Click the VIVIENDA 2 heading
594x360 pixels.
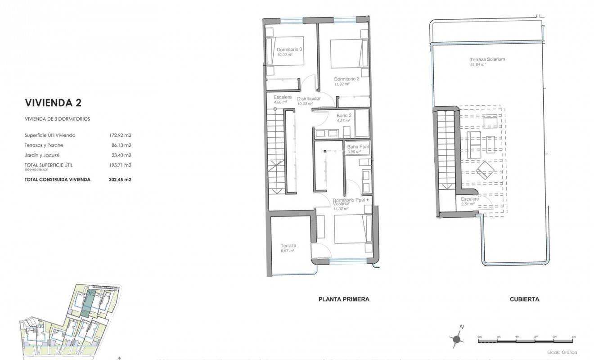click(53, 103)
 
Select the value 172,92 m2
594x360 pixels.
click(117, 135)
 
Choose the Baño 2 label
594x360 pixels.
click(344, 116)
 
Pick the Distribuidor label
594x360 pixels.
click(309, 98)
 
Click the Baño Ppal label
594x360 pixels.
click(357, 147)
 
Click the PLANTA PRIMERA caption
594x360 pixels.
click(343, 299)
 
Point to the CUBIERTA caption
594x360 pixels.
click(524, 299)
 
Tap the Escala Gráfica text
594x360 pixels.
click(562, 352)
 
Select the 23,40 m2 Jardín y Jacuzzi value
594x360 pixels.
click(117, 155)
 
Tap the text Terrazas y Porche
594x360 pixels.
click(44, 145)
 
